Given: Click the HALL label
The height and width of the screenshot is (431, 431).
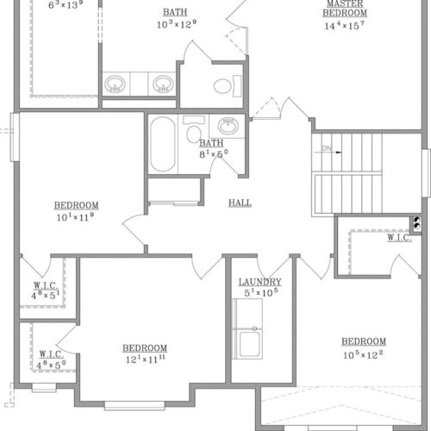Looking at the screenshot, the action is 240,203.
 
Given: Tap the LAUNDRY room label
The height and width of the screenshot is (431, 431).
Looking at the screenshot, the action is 260,282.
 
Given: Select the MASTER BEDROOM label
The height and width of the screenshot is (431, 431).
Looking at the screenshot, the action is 345,9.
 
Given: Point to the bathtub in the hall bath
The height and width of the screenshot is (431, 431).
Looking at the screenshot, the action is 163,144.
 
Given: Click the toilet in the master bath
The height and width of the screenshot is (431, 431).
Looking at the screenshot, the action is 228,86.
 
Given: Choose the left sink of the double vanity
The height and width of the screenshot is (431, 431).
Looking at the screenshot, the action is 115,84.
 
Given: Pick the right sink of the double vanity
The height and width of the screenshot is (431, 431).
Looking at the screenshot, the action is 163,84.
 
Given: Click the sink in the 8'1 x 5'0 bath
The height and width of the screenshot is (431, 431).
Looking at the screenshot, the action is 228,126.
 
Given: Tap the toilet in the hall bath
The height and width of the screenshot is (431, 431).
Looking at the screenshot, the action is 194,129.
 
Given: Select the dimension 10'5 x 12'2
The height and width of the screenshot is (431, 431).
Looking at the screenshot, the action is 363,355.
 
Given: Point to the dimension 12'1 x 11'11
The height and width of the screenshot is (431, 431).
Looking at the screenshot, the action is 146,359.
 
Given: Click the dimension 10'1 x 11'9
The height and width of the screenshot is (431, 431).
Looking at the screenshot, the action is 75,217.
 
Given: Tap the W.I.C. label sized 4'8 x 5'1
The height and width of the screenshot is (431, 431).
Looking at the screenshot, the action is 46,285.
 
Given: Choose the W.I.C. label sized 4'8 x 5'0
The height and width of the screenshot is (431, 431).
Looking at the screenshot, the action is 52,354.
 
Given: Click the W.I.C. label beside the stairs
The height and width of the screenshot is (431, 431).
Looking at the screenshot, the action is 399,238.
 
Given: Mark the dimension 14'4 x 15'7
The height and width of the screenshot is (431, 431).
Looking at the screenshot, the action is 345,26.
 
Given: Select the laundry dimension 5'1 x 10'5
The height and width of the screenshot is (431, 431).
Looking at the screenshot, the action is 261,292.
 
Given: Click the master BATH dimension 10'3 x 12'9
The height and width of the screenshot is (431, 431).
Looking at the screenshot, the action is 177,24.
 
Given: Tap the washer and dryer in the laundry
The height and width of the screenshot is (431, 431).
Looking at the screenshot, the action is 247,328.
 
